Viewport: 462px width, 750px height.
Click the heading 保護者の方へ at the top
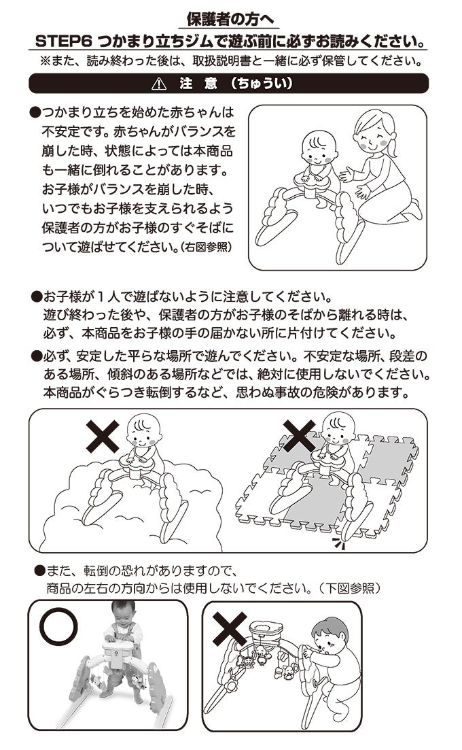click(231, 18)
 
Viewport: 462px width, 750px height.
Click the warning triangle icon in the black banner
click(160, 84)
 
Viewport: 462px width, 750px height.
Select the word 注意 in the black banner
click(195, 84)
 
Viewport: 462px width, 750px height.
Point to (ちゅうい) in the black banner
click(261, 84)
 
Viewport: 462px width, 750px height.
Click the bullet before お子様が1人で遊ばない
click(37, 298)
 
